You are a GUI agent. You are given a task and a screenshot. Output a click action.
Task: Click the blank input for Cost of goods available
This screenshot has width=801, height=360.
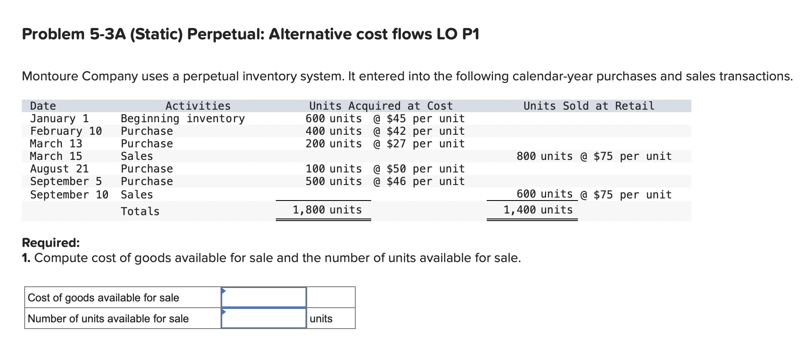264,298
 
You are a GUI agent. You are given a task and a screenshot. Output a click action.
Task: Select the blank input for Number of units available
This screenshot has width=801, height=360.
264,319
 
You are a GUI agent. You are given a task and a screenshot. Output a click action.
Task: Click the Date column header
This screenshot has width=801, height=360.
43,106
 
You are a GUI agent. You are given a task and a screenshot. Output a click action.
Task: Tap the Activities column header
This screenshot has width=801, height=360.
198,106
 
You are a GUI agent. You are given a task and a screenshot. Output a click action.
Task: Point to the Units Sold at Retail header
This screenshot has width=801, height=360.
589,106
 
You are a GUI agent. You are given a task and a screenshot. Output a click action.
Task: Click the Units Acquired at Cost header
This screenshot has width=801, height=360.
381,106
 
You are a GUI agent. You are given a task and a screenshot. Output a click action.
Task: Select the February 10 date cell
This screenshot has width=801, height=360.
66,131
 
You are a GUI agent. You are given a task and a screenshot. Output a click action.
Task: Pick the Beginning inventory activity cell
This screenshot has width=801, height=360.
183,118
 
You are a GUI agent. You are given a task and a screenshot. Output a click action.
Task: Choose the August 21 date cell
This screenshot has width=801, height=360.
59,169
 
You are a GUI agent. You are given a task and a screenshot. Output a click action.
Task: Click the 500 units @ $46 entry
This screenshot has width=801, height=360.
385,181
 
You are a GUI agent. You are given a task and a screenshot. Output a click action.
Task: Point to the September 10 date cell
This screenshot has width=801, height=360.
69,195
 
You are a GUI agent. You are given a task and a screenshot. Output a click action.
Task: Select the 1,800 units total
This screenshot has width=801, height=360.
327,210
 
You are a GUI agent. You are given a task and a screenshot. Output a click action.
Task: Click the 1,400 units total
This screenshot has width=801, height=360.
538,210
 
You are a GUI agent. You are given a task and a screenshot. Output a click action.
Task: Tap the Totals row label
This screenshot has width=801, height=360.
140,211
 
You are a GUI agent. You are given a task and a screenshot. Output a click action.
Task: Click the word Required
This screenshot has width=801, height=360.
51,243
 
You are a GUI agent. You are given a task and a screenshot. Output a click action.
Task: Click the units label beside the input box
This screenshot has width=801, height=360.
321,319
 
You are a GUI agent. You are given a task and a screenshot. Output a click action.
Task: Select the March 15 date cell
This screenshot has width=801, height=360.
56,156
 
